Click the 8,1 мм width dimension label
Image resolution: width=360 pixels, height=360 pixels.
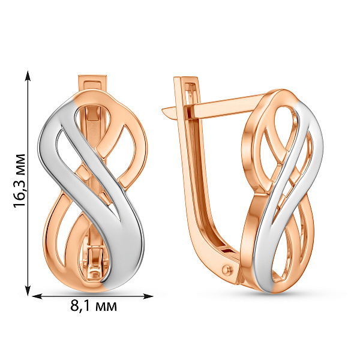[94, 306]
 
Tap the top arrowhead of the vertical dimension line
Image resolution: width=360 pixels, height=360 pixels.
[28, 76]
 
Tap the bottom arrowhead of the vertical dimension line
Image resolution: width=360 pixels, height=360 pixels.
[28, 290]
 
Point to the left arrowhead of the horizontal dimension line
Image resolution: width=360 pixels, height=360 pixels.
[37, 296]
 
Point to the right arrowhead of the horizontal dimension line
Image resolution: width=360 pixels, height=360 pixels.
[148, 296]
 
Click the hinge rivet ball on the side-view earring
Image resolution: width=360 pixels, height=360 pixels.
[227, 270]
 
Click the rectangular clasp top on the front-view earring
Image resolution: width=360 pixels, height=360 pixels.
[92, 83]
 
